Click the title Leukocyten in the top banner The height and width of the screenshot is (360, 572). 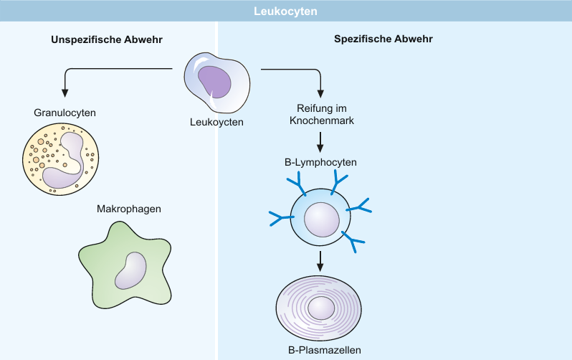coord(285,11)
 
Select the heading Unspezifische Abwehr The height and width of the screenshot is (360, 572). coord(107,39)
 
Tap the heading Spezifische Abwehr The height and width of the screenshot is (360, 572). coord(383,39)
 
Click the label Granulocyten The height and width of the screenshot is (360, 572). coord(65,113)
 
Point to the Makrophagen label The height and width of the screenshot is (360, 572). coord(129,209)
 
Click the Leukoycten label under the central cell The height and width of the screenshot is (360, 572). coord(216,122)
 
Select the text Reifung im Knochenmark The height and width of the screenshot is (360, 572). coord(322,114)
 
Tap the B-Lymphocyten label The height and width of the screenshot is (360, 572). coord(320,162)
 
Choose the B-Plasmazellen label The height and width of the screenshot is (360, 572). coord(325,350)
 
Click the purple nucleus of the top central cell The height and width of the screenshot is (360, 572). coord(215,82)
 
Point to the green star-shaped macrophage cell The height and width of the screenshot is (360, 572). coord(125,265)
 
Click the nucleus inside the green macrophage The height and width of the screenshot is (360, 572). coord(130,270)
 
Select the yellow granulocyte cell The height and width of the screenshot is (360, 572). coord(60,159)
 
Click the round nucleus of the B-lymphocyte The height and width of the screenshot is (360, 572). coord(322,220)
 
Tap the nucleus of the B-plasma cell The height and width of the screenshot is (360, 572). coord(321,308)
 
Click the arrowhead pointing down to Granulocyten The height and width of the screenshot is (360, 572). coord(65,93)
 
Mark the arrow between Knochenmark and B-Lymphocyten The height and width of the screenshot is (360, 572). coord(320,142)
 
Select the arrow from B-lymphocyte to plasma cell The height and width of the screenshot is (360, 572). coord(320,261)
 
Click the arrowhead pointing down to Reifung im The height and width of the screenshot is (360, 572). coord(320,93)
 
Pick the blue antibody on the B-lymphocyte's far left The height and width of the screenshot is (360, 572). coord(281,218)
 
